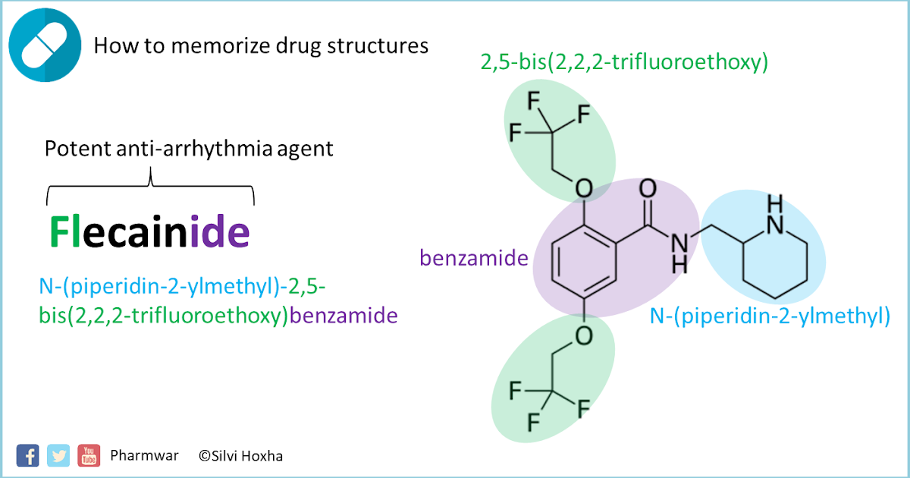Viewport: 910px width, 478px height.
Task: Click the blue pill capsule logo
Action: coord(45,45)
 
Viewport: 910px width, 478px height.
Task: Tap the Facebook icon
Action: coord(27,454)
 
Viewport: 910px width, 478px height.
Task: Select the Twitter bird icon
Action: coord(58,454)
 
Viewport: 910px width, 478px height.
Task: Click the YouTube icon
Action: coord(89,454)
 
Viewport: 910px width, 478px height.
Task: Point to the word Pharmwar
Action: coord(145,455)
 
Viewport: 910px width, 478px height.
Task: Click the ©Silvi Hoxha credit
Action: coord(241,456)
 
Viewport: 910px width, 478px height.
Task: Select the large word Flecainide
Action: coord(149,232)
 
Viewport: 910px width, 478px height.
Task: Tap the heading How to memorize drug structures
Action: coord(261,46)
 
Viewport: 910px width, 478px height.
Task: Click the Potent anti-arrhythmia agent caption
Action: coord(189,148)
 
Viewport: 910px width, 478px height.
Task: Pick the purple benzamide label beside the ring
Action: coord(474,259)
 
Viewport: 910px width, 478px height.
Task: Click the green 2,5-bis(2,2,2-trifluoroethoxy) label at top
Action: coord(624,62)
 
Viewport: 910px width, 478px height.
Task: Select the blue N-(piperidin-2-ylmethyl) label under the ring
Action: coord(770,316)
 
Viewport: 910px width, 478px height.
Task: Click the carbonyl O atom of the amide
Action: coord(647,188)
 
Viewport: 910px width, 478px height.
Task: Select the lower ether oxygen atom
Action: coord(582,335)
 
